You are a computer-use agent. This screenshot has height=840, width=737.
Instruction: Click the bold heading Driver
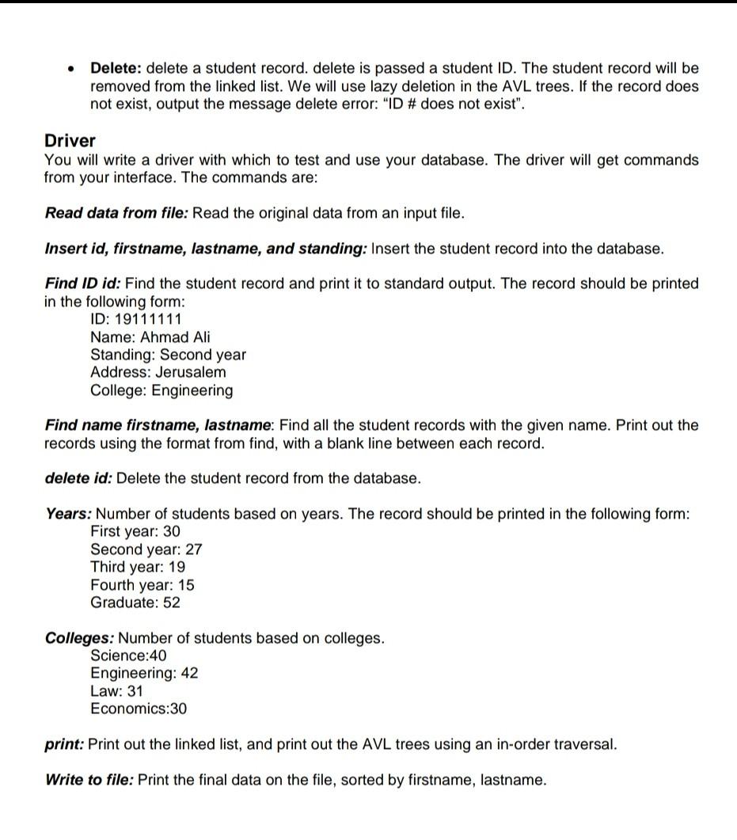click(70, 141)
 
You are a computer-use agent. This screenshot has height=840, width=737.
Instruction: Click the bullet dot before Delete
click(71, 69)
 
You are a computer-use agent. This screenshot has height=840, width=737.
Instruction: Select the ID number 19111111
click(149, 319)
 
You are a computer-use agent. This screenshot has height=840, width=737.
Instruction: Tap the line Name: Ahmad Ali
click(150, 337)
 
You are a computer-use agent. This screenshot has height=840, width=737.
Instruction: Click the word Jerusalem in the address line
click(191, 372)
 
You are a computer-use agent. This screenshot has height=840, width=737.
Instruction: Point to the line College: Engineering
click(161, 390)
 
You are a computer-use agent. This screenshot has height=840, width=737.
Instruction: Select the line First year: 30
click(135, 531)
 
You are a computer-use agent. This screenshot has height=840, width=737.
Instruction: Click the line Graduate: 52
click(135, 602)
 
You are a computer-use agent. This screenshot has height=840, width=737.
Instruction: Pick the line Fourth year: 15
click(142, 585)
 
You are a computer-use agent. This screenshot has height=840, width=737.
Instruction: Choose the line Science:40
click(129, 656)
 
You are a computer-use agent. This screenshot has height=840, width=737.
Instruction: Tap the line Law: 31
click(117, 691)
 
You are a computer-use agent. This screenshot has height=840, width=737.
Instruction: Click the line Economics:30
click(139, 709)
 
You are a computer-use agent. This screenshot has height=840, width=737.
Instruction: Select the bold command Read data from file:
click(116, 213)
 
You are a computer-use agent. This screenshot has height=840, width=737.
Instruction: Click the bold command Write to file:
click(89, 780)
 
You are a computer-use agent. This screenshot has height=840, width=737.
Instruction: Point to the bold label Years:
click(68, 514)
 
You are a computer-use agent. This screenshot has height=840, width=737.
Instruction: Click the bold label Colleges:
click(79, 638)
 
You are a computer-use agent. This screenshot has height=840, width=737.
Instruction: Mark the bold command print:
click(64, 744)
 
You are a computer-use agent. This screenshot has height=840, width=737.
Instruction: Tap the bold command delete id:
click(78, 478)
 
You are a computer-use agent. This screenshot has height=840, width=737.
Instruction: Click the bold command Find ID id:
click(83, 283)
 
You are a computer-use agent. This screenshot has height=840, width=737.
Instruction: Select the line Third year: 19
click(138, 567)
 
